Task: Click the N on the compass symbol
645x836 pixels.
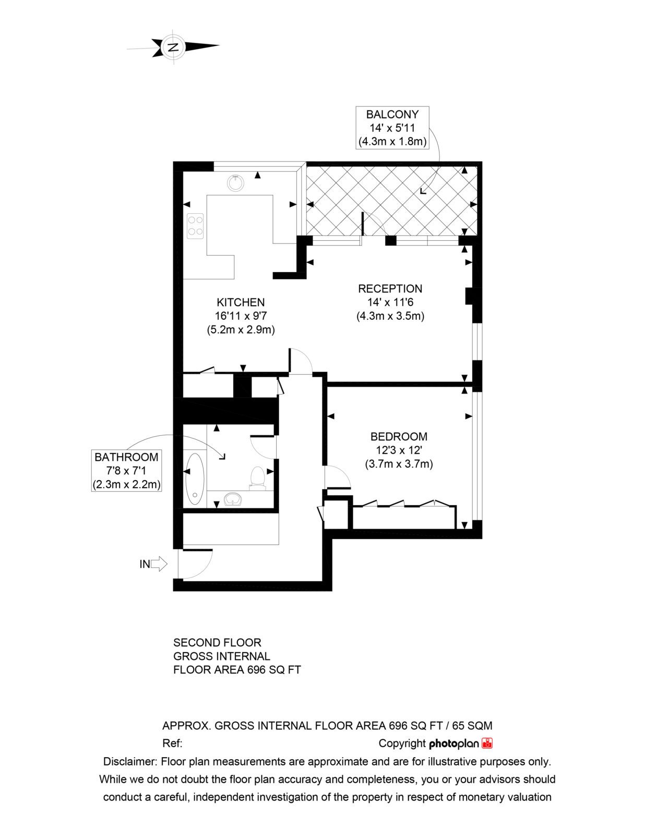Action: [174, 48]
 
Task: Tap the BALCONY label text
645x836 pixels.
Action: [392, 114]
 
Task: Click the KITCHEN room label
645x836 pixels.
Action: [241, 302]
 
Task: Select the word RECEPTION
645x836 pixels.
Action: [390, 288]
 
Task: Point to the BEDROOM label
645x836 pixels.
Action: [399, 436]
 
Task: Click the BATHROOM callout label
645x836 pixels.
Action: [126, 457]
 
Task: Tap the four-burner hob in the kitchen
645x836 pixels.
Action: [195, 226]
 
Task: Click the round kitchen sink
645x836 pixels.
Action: [235, 183]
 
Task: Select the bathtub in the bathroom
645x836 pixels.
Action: [194, 479]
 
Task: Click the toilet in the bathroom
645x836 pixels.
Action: [257, 478]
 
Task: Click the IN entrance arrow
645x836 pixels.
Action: [159, 564]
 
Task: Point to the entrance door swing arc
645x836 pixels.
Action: [203, 570]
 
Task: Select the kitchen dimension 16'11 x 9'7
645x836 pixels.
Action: [241, 316]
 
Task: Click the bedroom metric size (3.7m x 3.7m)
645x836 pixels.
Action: [399, 464]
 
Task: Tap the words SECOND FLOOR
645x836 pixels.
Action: [217, 643]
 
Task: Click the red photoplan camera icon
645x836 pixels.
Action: [487, 743]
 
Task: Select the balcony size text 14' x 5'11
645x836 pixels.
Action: [392, 127]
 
